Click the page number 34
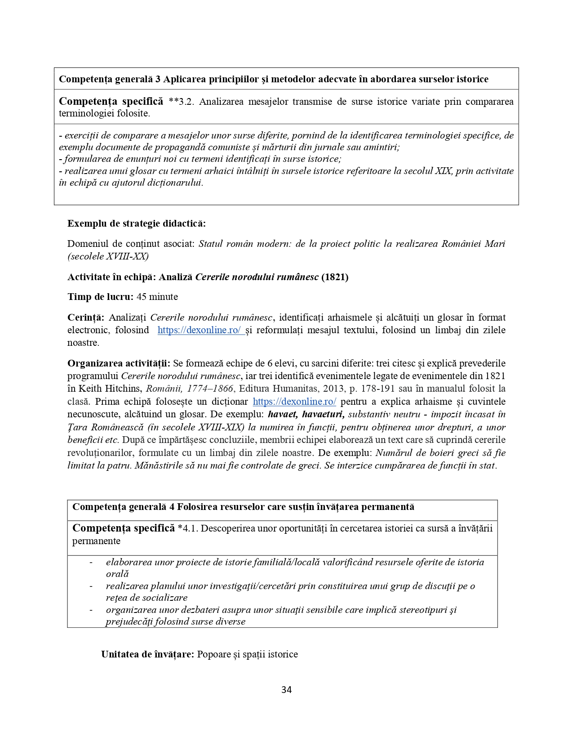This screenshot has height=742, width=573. pos(286,690)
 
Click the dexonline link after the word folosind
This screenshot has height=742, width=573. pos(200,330)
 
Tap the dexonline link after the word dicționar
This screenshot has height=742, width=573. pos(294,402)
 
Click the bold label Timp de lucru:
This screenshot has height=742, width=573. pos(100,297)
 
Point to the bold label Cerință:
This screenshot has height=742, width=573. pos(86,317)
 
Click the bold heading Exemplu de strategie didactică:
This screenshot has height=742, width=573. pos(137,223)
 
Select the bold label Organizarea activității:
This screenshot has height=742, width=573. pos(119,363)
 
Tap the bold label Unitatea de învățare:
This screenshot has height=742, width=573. pos(147,654)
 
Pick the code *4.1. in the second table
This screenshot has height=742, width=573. pos(188,528)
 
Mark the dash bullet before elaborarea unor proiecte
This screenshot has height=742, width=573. pos(91,562)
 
